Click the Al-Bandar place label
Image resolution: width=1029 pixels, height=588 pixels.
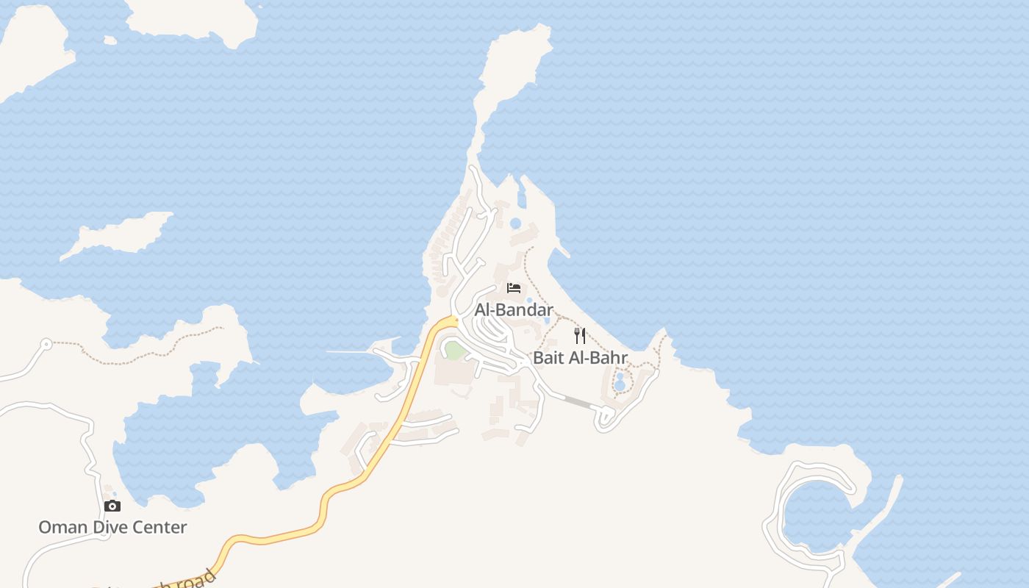tap(513, 310)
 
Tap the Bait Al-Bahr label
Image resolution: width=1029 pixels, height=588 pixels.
tap(580, 358)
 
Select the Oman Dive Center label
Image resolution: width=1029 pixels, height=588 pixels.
tap(112, 527)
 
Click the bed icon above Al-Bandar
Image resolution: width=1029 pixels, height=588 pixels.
tap(514, 288)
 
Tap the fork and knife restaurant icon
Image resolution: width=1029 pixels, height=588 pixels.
tap(580, 336)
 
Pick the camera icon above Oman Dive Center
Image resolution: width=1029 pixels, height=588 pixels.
tap(112, 506)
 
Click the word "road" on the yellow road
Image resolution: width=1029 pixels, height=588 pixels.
tap(196, 579)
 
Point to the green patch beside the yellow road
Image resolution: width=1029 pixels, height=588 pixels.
tap(454, 351)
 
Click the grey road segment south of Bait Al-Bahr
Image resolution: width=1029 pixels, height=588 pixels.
tap(578, 401)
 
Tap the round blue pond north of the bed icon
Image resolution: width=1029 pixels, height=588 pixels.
tap(515, 223)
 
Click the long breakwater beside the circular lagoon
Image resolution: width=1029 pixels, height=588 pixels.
tap(879, 514)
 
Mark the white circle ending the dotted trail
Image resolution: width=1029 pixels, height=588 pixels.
tap(46, 343)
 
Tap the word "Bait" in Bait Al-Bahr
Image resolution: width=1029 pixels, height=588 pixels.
tap(548, 358)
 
